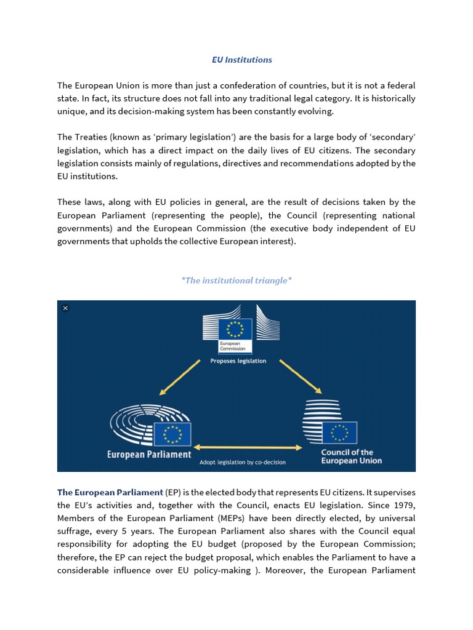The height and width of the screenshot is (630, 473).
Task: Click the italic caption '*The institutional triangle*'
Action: click(236, 281)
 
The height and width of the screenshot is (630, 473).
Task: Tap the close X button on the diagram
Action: click(65, 308)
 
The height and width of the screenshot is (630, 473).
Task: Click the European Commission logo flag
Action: click(236, 329)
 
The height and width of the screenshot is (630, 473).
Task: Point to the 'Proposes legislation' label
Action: click(238, 361)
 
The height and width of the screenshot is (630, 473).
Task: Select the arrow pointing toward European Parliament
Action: click(180, 377)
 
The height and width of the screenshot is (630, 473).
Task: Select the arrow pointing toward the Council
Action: click(301, 376)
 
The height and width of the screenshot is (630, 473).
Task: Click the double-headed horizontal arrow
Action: click(246, 447)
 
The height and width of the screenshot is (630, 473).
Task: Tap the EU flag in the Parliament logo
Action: click(172, 434)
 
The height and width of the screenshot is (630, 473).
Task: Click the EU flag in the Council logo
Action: click(339, 433)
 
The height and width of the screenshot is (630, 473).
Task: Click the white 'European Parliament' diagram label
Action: click(149, 455)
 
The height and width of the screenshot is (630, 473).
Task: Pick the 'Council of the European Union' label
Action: click(351, 457)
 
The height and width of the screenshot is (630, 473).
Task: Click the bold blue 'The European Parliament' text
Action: click(110, 492)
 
